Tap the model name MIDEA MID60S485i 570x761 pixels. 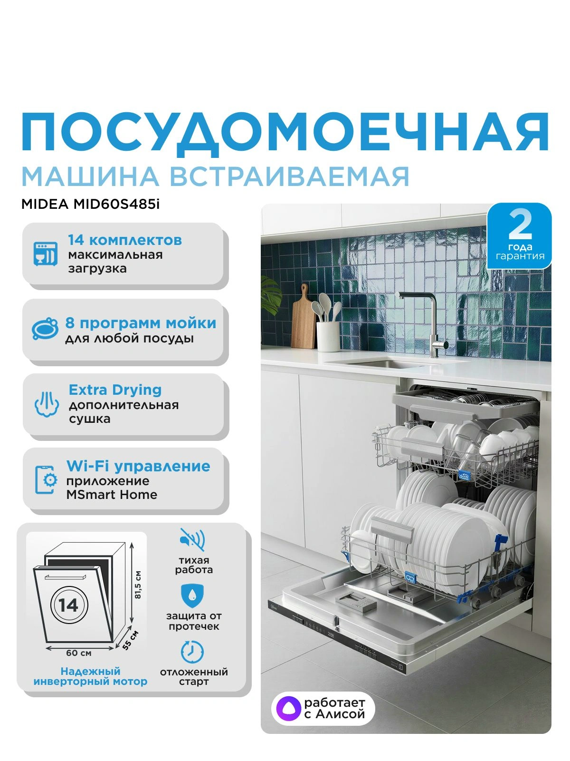[91, 205]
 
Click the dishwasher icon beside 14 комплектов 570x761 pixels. [46, 254]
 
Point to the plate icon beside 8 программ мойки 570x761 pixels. [45, 328]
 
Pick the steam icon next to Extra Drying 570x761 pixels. [47, 404]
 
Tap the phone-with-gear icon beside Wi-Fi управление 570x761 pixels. [46, 480]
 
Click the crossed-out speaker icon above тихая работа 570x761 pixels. [193, 539]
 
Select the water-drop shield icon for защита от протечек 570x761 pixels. [192, 595]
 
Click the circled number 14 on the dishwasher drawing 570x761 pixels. [69, 605]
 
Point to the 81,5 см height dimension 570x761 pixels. [138, 585]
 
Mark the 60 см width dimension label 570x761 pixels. [79, 653]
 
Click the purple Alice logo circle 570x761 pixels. [286, 709]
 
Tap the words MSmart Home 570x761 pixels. [112, 495]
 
